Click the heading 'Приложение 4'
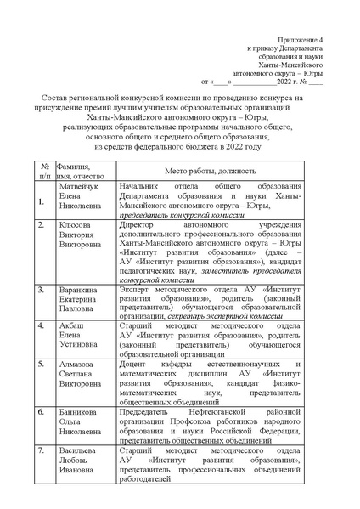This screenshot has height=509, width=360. (301, 41)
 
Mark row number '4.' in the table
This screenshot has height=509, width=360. (42, 326)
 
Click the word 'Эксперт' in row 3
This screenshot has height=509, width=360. (137, 291)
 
